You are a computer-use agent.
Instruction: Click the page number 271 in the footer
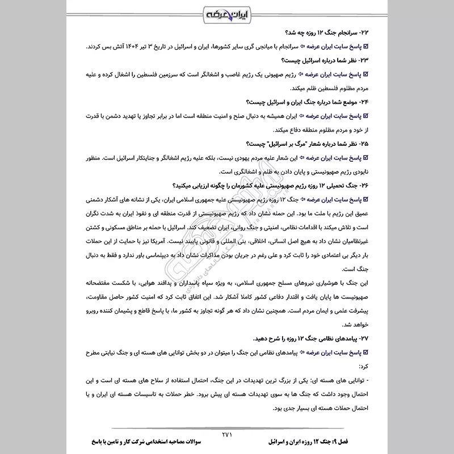click(x=227, y=433)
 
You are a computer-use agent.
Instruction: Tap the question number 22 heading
click(x=327, y=33)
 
